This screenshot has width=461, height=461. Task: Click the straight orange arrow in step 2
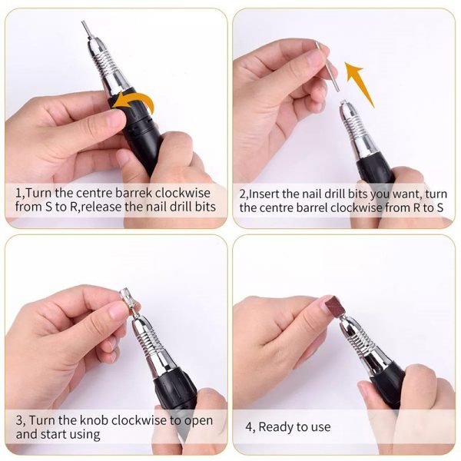click(360, 85)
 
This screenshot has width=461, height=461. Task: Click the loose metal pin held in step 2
click(327, 66)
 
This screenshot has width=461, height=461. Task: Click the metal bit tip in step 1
click(87, 30)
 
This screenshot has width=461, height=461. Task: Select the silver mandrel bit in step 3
click(129, 301)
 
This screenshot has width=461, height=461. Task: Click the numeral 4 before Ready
click(249, 427)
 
